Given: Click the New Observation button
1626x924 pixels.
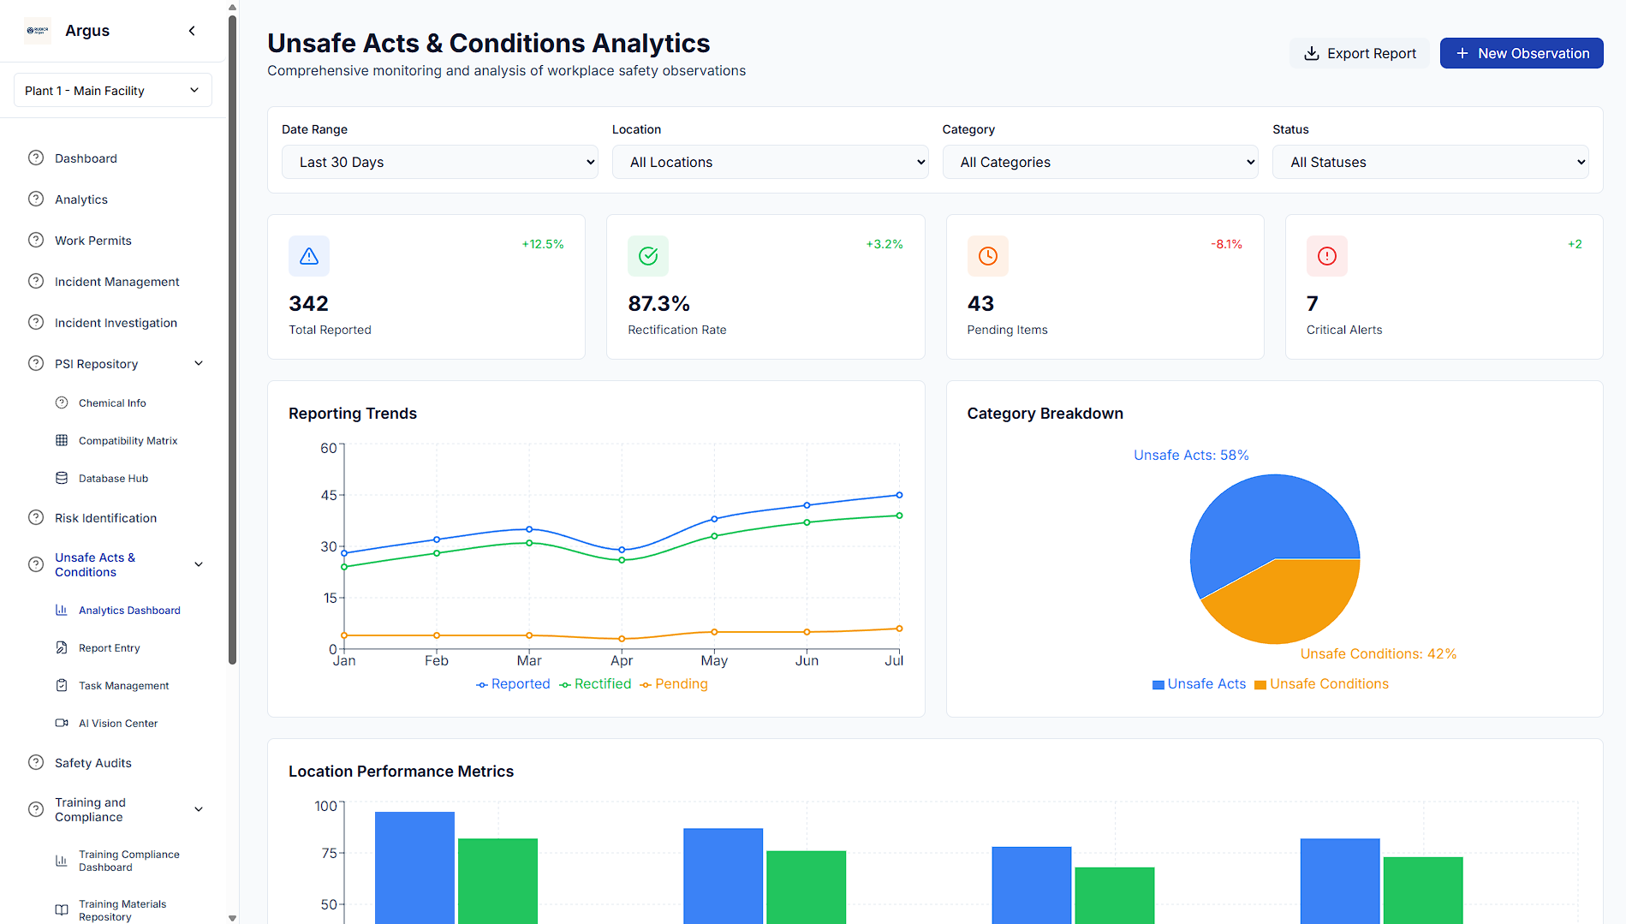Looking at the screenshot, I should click(1521, 53).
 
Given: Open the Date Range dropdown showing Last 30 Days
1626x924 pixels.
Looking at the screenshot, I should click(439, 162).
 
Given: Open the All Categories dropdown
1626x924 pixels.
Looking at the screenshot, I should click(1099, 162).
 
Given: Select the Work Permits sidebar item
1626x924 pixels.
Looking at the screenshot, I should click(92, 241).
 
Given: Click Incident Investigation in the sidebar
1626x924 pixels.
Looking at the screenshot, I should click(116, 323).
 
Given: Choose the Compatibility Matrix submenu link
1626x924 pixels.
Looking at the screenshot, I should click(128, 441).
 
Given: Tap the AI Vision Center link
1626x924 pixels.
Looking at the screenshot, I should click(118, 724).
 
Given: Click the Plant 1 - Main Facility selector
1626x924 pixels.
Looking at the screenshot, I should click(112, 91).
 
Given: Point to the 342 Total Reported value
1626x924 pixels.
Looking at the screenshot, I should click(308, 303).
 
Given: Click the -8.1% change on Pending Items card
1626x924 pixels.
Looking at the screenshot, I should click(1226, 244).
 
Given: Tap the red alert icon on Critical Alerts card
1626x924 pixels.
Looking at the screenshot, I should click(1326, 256).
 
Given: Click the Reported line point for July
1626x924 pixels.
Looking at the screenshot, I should click(899, 495).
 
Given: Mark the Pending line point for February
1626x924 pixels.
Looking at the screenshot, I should click(437, 635).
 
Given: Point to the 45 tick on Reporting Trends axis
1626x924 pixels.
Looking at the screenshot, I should click(329, 495).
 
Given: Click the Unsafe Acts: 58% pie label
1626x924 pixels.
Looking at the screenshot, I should click(1191, 455).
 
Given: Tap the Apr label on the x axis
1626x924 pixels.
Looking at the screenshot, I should click(622, 660).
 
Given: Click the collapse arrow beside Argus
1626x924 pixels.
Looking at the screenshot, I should click(192, 31).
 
